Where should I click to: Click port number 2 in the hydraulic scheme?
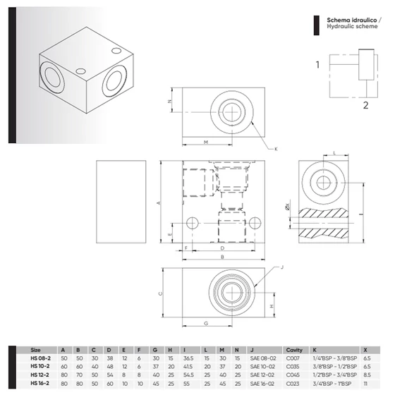tap(365, 106)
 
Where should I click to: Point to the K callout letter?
tap(276, 149)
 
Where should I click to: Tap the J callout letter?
tap(281, 267)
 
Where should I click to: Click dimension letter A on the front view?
tap(159, 203)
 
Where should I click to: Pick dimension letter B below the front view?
tap(222, 258)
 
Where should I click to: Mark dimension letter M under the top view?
tap(205, 142)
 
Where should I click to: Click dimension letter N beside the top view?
tap(170, 102)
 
